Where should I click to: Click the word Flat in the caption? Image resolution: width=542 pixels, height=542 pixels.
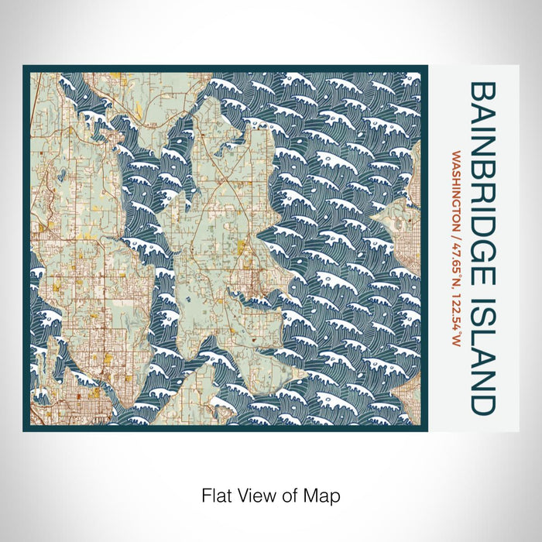pyautogui.click(x=214, y=494)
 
